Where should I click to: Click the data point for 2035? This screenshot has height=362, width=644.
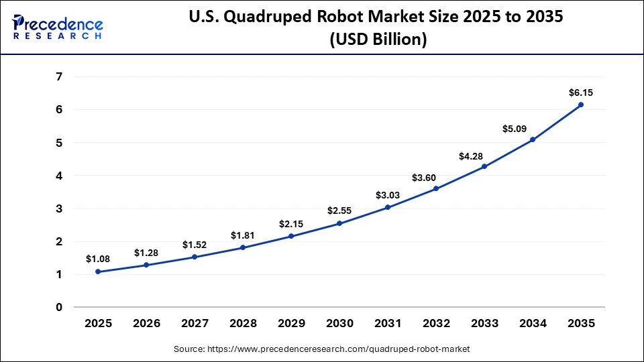click(581, 105)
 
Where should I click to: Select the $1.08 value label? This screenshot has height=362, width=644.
click(98, 259)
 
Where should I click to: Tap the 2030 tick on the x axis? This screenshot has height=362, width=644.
click(339, 323)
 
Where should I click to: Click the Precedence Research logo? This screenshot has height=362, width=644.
click(58, 27)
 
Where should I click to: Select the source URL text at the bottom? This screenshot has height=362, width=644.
click(322, 349)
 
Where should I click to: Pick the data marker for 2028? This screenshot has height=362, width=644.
click(243, 247)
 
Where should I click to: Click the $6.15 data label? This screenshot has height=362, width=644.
click(580, 92)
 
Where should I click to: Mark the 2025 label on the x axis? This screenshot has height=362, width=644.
click(98, 323)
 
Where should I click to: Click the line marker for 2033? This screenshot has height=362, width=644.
click(484, 166)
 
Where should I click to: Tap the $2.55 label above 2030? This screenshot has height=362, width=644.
click(339, 210)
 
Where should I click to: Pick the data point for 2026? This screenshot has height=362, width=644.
click(146, 265)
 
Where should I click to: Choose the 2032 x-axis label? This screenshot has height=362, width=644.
click(436, 323)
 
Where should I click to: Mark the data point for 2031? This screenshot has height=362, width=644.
click(388, 207)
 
